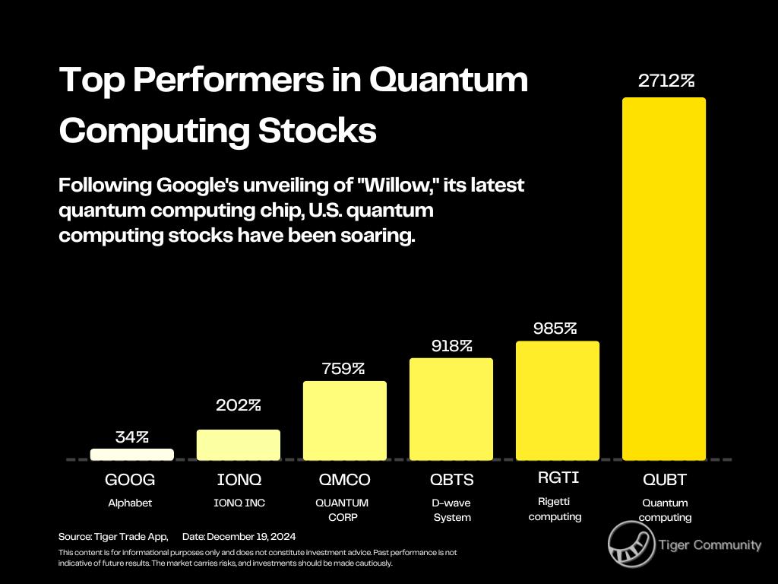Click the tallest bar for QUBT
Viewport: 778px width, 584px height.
pyautogui.click(x=663, y=278)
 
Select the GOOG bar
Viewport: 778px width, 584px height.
pyautogui.click(x=131, y=454)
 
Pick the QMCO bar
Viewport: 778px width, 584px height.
pyautogui.click(x=344, y=421)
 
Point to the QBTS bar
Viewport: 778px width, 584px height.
pyautogui.click(x=451, y=409)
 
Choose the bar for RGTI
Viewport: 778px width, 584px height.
pyautogui.click(x=557, y=401)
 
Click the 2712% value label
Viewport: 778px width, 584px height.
pyautogui.click(x=666, y=81)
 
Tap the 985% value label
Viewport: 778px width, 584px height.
pyautogui.click(x=555, y=328)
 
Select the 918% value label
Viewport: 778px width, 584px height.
pyautogui.click(x=451, y=345)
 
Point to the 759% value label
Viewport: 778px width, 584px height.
pyautogui.click(x=343, y=369)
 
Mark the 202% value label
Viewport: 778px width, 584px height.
pyautogui.click(x=238, y=405)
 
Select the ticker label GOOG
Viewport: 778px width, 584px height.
pyautogui.click(x=130, y=480)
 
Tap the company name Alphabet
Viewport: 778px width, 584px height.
pyautogui.click(x=129, y=503)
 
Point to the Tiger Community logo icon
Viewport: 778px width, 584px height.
pyautogui.click(x=631, y=544)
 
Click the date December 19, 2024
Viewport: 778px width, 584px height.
pyautogui.click(x=239, y=536)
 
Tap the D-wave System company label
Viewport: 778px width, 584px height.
pyautogui.click(x=452, y=510)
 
